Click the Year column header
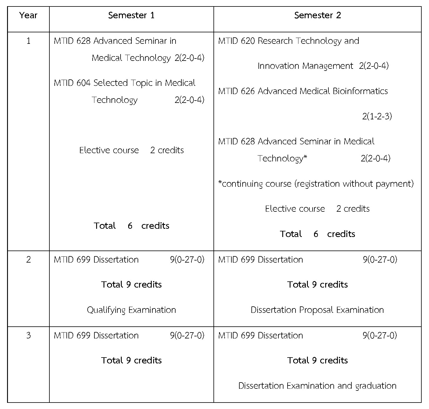pyautogui.click(x=28, y=15)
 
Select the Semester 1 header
pyautogui.click(x=131, y=15)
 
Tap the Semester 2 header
pyautogui.click(x=317, y=15)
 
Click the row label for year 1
pyautogui.click(x=28, y=41)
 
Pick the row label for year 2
pyautogui.click(x=28, y=260)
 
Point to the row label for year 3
pyautogui.click(x=28, y=335)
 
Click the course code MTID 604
pyautogui.click(x=72, y=83)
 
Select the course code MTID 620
pyautogui.click(x=236, y=41)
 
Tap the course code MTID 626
pyautogui.click(x=236, y=91)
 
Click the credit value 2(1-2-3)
pyautogui.click(x=377, y=116)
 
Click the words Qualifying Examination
pyautogui.click(x=131, y=310)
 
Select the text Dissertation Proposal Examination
pyautogui.click(x=317, y=310)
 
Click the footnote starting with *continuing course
pyautogui.click(x=316, y=184)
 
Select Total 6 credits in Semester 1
pyautogui.click(x=131, y=226)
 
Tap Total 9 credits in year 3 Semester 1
pyautogui.click(x=131, y=360)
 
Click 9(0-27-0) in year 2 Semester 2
pyautogui.click(x=380, y=260)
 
